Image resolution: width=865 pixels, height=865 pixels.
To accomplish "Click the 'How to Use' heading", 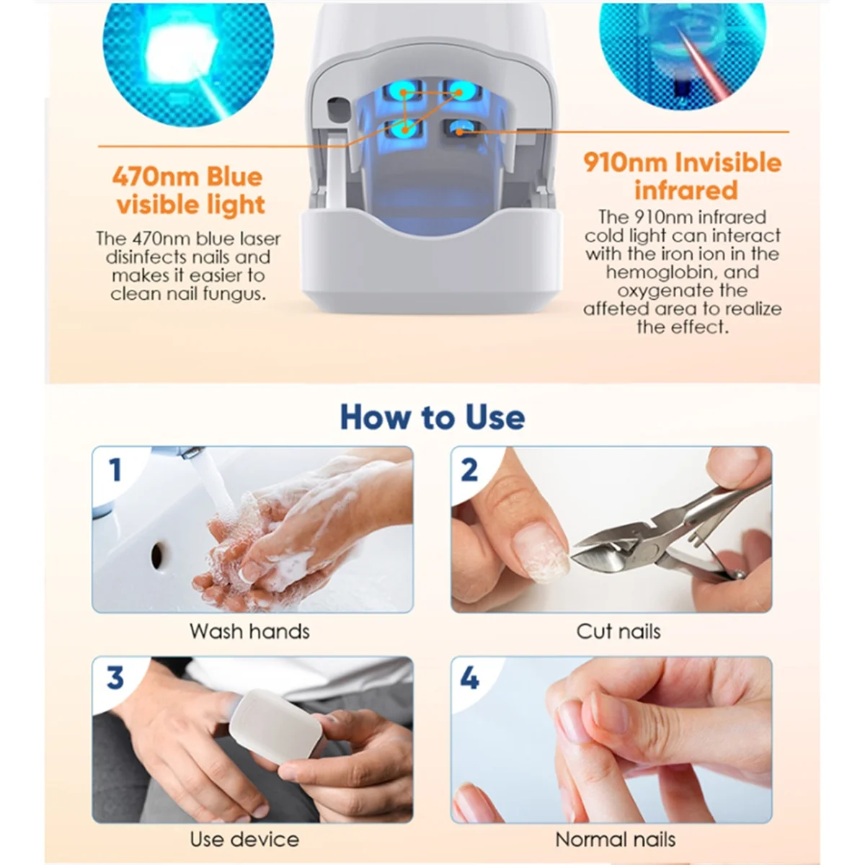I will (x=432, y=417).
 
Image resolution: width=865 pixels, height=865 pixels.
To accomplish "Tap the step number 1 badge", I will (x=115, y=470).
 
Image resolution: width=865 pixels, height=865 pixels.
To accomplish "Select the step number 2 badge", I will (x=469, y=470).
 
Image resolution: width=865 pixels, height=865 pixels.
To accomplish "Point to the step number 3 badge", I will (x=115, y=678).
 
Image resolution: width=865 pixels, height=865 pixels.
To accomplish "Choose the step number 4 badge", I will (x=469, y=678).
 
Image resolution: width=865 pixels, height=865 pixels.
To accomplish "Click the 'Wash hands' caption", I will (x=249, y=631).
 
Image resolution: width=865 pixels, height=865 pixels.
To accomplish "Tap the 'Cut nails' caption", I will (x=618, y=631).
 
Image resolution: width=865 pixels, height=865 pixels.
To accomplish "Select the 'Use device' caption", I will (x=244, y=840).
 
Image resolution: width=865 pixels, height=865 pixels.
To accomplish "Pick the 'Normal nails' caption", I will (x=615, y=840).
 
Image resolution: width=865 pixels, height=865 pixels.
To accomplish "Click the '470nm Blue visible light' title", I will (x=189, y=191).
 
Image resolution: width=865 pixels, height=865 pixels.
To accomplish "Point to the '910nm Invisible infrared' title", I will (x=683, y=176).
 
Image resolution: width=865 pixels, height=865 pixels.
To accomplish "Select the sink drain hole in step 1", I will (x=157, y=554).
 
